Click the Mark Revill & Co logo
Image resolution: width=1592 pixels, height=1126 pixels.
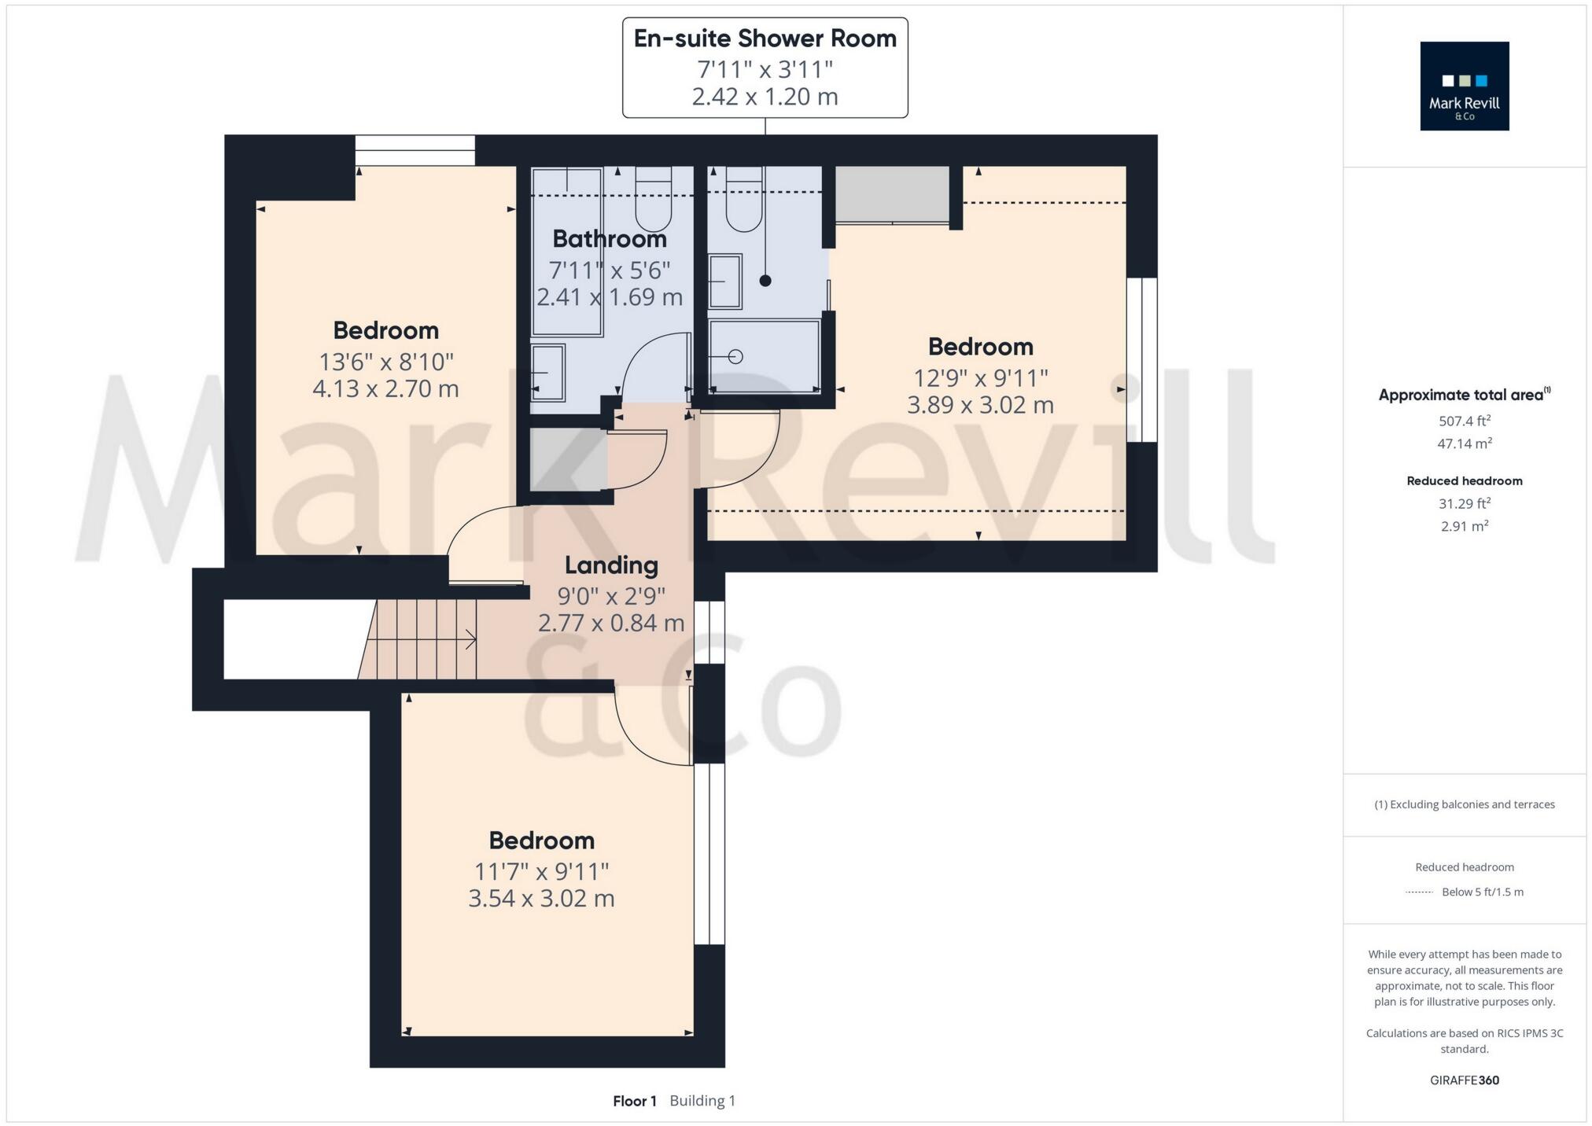click(x=1464, y=86)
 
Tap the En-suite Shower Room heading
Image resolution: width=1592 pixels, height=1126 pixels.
click(x=765, y=39)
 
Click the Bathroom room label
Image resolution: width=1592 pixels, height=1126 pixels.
click(x=609, y=238)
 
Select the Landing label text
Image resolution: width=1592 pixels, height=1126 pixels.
click(x=611, y=565)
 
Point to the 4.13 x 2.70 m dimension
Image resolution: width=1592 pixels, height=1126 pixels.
click(x=385, y=388)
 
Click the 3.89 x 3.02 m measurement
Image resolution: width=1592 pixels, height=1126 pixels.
click(x=980, y=405)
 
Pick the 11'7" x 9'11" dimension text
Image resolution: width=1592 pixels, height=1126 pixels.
click(x=541, y=871)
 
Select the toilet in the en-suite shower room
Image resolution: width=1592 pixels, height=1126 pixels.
click(x=743, y=202)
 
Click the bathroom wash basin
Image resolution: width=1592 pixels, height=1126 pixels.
click(x=547, y=371)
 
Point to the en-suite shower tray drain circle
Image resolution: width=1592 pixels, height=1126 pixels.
click(x=735, y=357)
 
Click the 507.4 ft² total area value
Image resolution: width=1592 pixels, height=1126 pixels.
click(x=1464, y=421)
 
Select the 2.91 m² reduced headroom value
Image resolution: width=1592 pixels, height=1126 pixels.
click(x=1464, y=526)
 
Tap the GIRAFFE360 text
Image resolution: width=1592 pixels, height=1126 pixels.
click(x=1464, y=1080)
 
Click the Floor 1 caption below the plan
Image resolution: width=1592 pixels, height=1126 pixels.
click(x=634, y=1100)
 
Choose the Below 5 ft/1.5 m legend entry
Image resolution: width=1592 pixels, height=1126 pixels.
click(x=1482, y=892)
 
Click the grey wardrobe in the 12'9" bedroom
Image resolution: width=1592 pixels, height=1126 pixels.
click(x=891, y=194)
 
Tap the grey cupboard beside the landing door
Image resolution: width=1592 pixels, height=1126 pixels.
click(x=567, y=459)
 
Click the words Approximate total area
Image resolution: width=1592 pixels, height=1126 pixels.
click(x=1461, y=395)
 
